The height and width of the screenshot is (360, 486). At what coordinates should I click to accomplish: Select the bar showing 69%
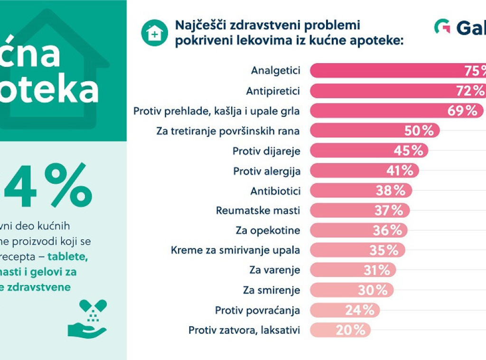(x=397, y=111)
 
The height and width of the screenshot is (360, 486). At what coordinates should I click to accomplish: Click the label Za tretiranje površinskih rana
(x=228, y=131)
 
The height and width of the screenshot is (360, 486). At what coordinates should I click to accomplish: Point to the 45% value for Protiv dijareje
(x=408, y=151)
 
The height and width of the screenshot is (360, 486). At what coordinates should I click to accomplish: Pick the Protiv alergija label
(x=267, y=171)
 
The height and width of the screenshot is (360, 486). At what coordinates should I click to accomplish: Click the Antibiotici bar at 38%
(x=361, y=190)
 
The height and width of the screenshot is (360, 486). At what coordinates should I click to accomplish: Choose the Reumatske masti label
(x=258, y=210)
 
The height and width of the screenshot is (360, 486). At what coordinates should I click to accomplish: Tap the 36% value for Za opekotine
(x=387, y=230)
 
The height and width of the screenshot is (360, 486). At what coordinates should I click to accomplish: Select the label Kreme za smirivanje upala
(x=235, y=250)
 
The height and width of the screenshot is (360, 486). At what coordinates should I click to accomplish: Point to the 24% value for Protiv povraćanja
(x=359, y=310)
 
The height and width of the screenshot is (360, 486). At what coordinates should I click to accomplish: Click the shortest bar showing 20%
(x=340, y=330)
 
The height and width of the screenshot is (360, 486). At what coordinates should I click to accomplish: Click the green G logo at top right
(x=442, y=27)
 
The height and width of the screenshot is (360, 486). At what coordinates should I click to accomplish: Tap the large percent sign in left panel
(x=70, y=186)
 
